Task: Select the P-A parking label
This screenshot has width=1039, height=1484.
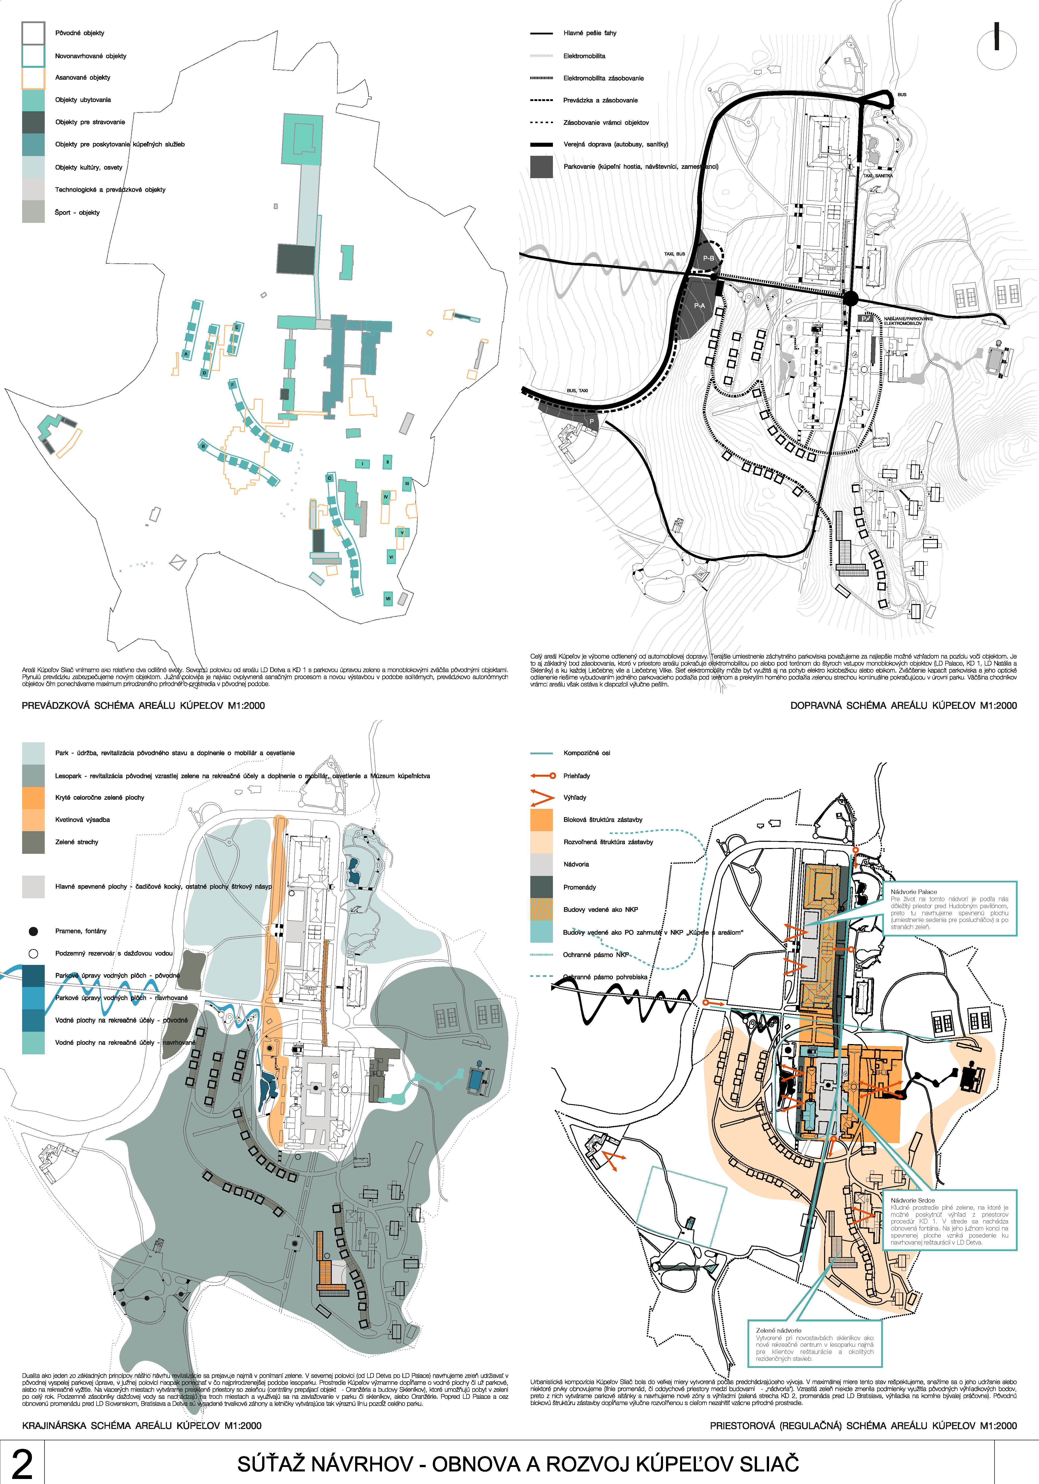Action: tap(699, 306)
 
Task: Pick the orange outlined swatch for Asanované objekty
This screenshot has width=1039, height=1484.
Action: tap(33, 78)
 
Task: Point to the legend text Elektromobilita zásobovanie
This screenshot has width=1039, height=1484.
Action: tap(603, 78)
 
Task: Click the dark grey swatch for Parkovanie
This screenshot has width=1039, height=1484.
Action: tap(541, 167)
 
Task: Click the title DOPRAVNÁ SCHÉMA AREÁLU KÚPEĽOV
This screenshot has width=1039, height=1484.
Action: tap(903, 705)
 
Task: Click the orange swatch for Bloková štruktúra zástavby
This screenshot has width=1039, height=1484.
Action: tap(541, 820)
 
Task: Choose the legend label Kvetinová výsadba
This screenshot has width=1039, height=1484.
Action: tap(82, 820)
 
